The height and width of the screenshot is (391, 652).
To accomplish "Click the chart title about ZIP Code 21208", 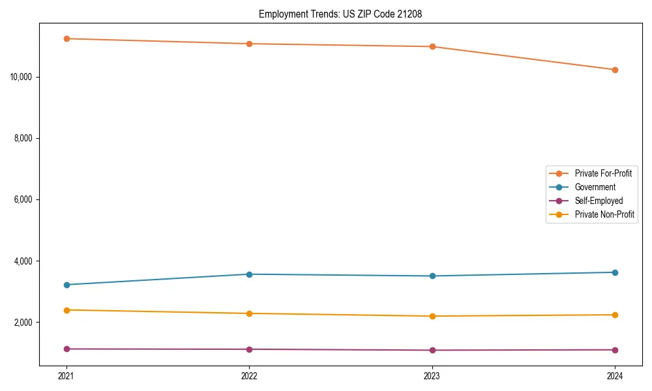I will [x=340, y=14].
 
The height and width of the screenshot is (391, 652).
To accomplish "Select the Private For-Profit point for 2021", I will [x=66, y=38].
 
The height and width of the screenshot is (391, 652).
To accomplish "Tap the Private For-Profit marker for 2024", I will [x=615, y=70].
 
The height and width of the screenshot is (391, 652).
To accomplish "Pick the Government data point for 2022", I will [x=249, y=274].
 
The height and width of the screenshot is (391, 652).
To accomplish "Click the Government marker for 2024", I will [x=615, y=272].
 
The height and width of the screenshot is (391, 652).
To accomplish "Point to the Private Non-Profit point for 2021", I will [x=66, y=310].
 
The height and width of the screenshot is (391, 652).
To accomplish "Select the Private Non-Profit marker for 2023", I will [x=432, y=316].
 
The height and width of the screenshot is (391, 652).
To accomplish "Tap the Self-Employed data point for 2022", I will [x=249, y=349].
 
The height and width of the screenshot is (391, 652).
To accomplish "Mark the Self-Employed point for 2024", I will [x=615, y=350].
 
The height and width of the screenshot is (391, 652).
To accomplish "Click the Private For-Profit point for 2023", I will [x=432, y=47].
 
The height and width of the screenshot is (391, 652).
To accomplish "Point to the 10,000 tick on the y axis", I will [x=23, y=77].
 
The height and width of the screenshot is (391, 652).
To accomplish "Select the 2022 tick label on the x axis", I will [x=249, y=375].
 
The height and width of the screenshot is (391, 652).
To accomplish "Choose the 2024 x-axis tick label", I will [x=615, y=375].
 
